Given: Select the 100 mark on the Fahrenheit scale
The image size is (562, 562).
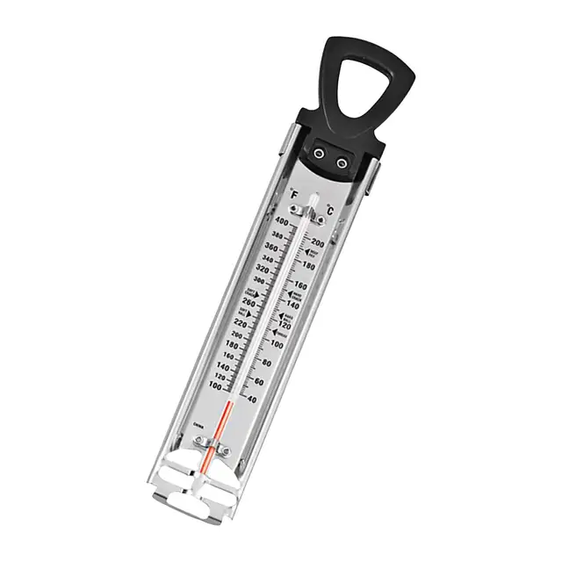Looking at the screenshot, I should coord(213,385).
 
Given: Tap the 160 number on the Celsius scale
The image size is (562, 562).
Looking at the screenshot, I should coord(298,285).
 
